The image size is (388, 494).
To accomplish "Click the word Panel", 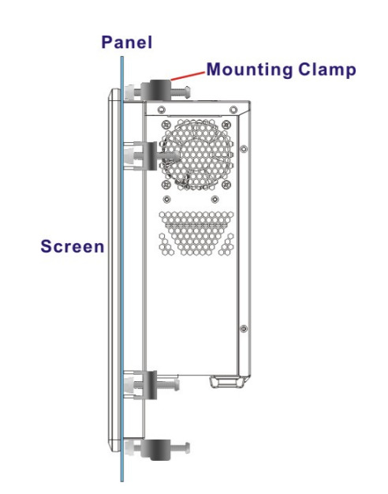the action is pyautogui.click(x=127, y=42).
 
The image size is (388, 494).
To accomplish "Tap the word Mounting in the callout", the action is pyautogui.click(x=249, y=69).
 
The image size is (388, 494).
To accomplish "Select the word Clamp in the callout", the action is pyautogui.click(x=327, y=69).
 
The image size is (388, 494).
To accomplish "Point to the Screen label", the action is pyautogui.click(x=73, y=246).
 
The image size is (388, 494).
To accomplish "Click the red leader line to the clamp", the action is pyautogui.click(x=188, y=76).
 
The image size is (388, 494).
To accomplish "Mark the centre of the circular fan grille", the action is pyautogui.click(x=197, y=155).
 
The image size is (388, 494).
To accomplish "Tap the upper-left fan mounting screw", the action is pyautogui.click(x=166, y=125).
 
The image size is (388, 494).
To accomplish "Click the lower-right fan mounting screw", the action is pyautogui.click(x=226, y=185).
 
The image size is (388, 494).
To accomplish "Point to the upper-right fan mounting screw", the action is pyautogui.click(x=226, y=125).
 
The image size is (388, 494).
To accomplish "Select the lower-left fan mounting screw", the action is pyautogui.click(x=166, y=185).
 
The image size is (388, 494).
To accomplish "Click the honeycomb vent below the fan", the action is pyautogui.click(x=196, y=233).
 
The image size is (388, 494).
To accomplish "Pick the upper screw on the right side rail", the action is pyautogui.click(x=244, y=148).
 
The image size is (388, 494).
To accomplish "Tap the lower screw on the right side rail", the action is pyautogui.click(x=244, y=328).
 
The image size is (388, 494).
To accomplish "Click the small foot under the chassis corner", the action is pyautogui.click(x=227, y=381).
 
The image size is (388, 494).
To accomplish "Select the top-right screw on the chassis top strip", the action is pyautogui.click(x=233, y=110).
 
